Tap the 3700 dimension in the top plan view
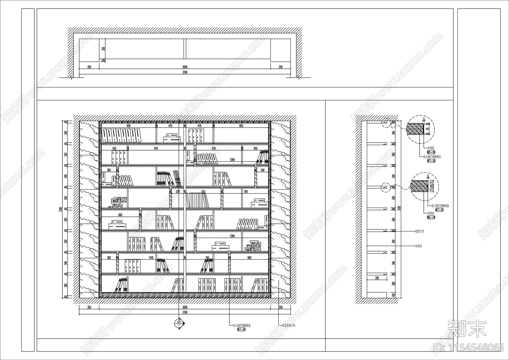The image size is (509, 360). [x=185, y=72]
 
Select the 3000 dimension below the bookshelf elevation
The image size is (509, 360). [x=185, y=307]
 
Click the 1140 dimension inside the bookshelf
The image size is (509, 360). [x=151, y=258]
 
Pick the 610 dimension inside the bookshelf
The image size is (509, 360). [x=203, y=192]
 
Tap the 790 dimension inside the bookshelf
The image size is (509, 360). [x=245, y=192]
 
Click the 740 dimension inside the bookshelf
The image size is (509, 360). [x=207, y=258]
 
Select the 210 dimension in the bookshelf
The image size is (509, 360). [x=178, y=192]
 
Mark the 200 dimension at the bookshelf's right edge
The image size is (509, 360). [x=262, y=170]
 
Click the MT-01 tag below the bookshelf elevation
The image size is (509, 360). [x=241, y=329]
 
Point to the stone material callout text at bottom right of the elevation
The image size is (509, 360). [x=289, y=326]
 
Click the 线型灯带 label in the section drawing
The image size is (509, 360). [x=419, y=231]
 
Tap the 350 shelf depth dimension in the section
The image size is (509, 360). [x=377, y=278]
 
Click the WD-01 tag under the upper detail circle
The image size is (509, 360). [x=431, y=152]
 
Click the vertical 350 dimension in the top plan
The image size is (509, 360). [x=103, y=49]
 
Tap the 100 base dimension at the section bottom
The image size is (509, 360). [x=394, y=295]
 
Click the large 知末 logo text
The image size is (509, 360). [x=467, y=329]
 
